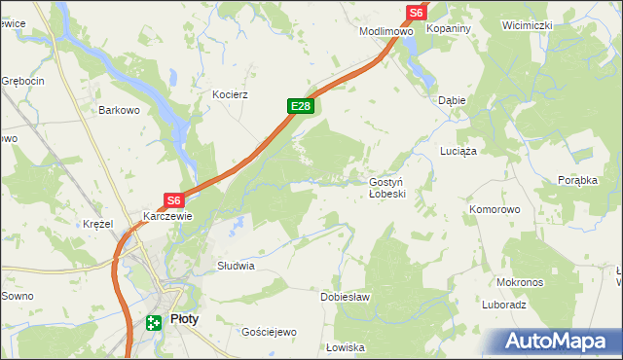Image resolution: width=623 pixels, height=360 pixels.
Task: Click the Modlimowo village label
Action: pos(386,31)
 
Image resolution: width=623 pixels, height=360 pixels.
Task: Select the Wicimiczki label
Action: pos(527,24)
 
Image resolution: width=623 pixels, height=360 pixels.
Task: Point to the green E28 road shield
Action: pos(300,106)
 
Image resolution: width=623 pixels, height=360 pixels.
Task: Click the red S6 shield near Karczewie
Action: pos(173,200)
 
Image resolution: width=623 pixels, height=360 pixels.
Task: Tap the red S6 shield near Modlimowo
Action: pos(416,12)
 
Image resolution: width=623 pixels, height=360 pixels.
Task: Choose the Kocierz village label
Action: pos(232,95)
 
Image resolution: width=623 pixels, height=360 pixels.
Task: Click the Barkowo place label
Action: pos(120,111)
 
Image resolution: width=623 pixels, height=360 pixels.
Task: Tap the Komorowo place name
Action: pos(495,209)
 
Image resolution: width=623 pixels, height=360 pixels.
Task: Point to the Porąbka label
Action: pos(576,180)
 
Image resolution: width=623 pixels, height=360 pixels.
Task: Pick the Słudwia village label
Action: pos(236,266)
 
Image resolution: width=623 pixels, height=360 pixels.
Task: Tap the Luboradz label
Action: pos(503,305)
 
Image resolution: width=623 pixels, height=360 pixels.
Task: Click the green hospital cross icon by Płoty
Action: pos(154,323)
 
